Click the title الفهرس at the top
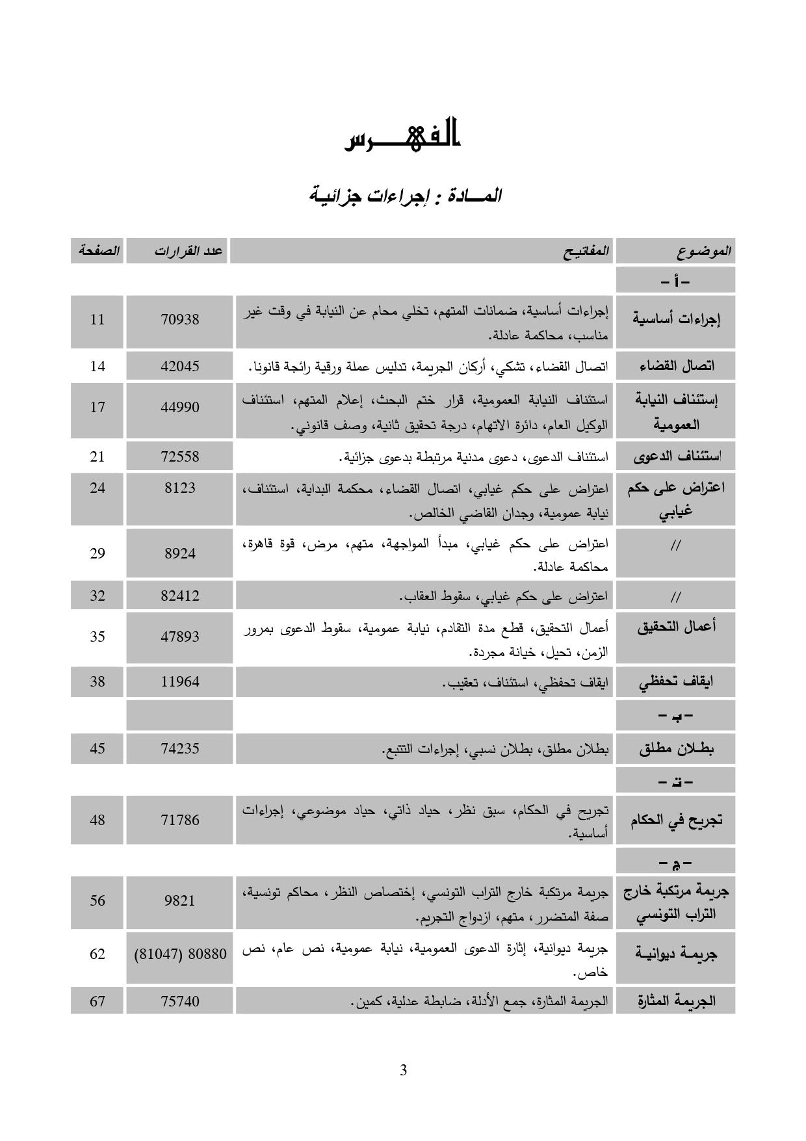(402, 135)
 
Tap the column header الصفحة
(98, 251)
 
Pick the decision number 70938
(180, 320)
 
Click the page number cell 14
(97, 366)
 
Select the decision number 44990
(180, 408)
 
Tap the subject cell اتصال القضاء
(676, 366)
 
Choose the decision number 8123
(180, 488)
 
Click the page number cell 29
(97, 553)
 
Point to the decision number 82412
(180, 596)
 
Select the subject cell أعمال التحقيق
(676, 627)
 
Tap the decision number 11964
(180, 682)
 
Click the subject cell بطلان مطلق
(676, 749)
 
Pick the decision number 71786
(180, 820)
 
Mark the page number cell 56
(97, 900)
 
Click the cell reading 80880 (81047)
(180, 954)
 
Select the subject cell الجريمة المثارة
(676, 1001)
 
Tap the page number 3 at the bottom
(403, 1070)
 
